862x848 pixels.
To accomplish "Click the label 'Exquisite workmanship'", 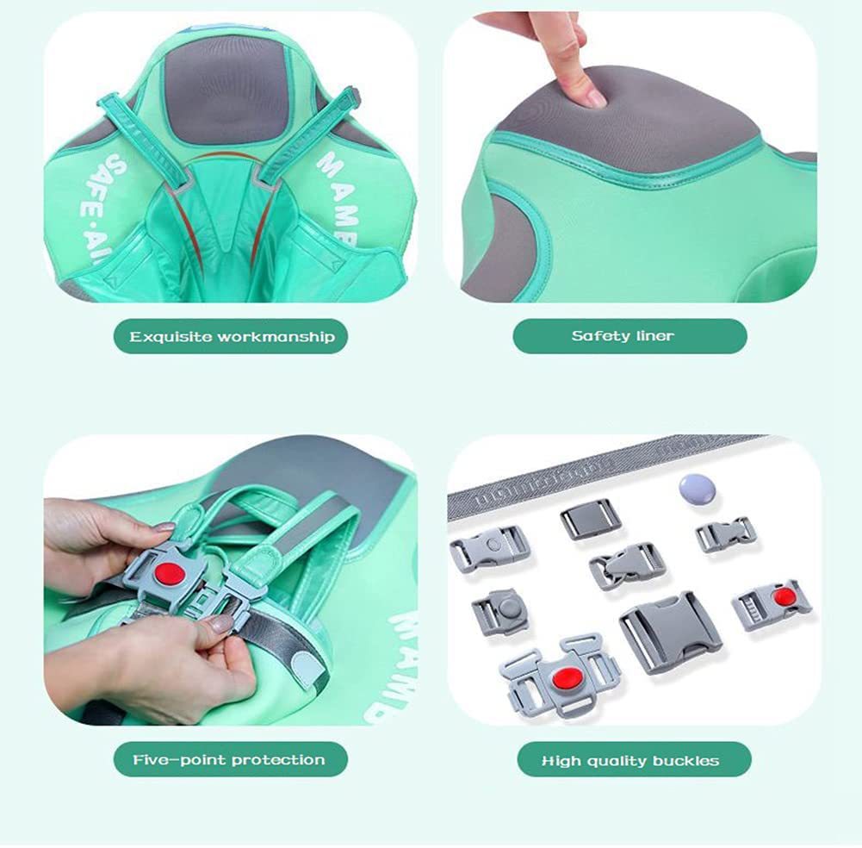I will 231,336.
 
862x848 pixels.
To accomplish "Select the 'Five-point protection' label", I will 229,759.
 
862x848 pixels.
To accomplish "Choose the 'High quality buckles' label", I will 629,760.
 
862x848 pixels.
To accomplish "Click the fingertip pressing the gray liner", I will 588,91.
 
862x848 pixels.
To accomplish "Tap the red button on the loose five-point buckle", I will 564,676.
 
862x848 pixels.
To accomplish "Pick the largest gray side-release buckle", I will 670,631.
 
